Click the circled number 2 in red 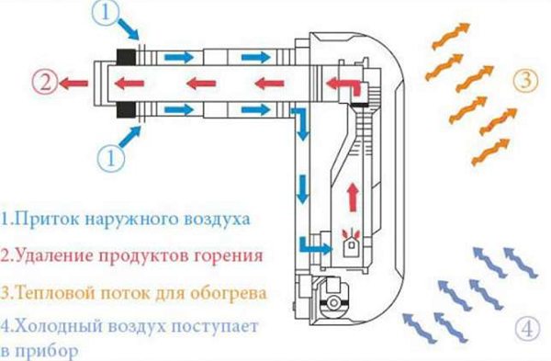pyautogui.click(x=44, y=82)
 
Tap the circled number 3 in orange pyautogui.click(x=524, y=80)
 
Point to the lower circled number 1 pyautogui.click(x=110, y=155)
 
